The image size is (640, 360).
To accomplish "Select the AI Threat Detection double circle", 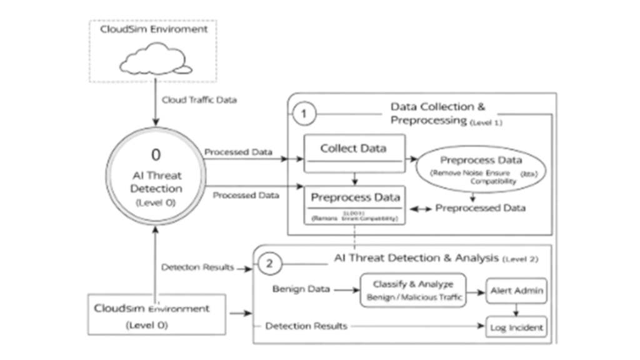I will point(154,178).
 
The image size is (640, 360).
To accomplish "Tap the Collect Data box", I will point(354,154).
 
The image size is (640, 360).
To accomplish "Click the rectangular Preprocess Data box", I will point(354,204).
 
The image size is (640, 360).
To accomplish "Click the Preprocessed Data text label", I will point(480,207).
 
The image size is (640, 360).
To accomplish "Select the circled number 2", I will point(269,263).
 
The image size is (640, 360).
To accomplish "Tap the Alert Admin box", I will point(516,291).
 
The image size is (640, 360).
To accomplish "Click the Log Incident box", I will point(516,326).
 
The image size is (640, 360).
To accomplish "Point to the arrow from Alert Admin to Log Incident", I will point(516,310).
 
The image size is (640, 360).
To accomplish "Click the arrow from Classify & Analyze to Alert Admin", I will point(477,291).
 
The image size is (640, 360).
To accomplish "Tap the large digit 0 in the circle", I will point(156,154).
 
